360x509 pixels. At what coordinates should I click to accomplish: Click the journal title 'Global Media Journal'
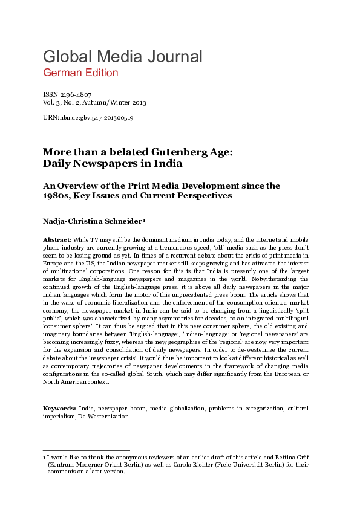tap(122, 57)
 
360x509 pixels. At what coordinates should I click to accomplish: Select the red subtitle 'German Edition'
tap(80, 73)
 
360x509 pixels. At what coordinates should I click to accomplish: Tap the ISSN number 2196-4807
tap(74, 95)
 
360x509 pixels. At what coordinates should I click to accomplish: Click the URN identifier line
tap(88, 118)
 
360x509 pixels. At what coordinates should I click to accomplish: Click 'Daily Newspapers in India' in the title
tap(113, 164)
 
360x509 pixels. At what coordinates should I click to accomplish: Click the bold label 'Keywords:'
tap(59, 409)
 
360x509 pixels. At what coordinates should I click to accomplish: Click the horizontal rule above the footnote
tap(86, 451)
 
